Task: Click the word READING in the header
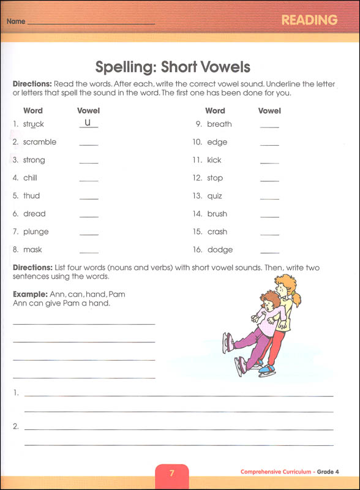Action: pos(309,20)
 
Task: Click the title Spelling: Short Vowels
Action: pos(173,67)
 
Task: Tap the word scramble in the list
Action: pos(40,142)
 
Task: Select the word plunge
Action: pos(36,232)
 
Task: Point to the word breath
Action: pos(219,124)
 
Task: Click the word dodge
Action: pos(220,250)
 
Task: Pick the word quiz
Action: pos(215,196)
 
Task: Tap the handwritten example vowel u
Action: pos(88,123)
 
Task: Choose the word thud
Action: pos(31,196)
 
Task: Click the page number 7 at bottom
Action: pos(171,473)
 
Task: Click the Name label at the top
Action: pos(16,21)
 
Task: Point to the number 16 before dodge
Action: pos(197,250)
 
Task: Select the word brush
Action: pos(217,214)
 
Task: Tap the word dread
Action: pos(34,214)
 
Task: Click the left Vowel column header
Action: pos(88,111)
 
